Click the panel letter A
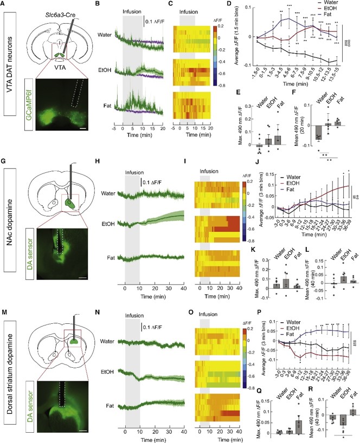[x=3, y=4]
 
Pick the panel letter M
[x=3, y=301]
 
